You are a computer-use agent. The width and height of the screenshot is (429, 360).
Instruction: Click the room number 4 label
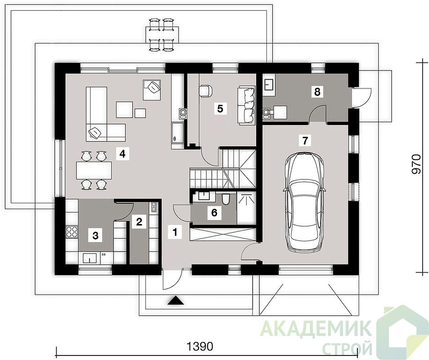pos(122,154)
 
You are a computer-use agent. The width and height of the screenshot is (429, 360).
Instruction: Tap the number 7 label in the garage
pos(305,140)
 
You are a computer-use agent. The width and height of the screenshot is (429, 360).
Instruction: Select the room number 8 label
pos(317,92)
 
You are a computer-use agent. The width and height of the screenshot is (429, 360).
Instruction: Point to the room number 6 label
pos(214,212)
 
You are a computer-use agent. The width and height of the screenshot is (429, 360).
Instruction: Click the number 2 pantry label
pos(139,221)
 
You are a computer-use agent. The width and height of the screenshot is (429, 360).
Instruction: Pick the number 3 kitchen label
pos(95,235)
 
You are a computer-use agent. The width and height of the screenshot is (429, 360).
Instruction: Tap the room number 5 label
pos(220,108)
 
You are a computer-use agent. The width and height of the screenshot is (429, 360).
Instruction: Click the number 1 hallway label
pos(175,232)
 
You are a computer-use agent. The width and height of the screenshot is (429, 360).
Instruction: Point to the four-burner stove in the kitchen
pos(72,232)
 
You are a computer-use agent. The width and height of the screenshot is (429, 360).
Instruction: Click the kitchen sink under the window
pos(90,258)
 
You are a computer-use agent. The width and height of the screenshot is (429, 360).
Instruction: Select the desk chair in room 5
pos(205,91)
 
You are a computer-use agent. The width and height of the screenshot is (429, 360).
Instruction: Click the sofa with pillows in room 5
pos(247,105)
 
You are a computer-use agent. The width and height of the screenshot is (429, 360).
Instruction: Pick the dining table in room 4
pos(94,170)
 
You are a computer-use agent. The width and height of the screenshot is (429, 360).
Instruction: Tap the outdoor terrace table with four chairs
pos(162,35)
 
